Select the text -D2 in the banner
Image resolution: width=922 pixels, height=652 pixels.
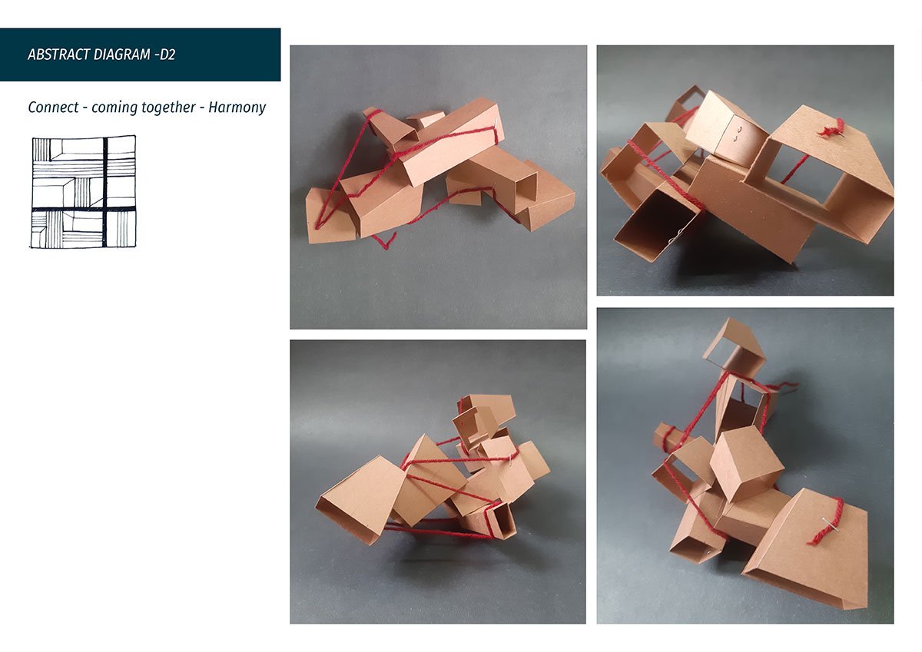click(x=165, y=55)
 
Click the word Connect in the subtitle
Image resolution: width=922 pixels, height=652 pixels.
click(x=53, y=108)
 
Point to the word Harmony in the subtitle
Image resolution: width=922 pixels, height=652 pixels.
click(x=237, y=108)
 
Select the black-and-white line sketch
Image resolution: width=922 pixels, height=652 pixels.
click(x=84, y=192)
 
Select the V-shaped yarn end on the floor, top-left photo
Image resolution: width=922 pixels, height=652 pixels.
click(x=384, y=240)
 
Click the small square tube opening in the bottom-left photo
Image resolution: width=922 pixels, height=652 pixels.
click(x=503, y=521)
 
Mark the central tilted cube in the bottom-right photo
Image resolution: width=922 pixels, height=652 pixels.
click(x=746, y=464)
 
